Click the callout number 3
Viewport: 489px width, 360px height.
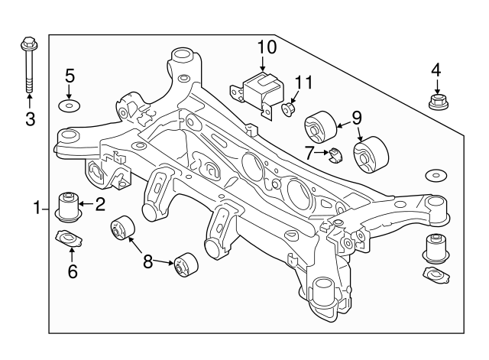[x=30, y=118]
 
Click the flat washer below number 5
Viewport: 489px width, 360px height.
[x=70, y=104]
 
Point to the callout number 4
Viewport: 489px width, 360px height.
[x=436, y=70]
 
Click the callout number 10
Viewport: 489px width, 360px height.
[x=266, y=47]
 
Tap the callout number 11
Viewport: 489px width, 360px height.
[x=304, y=82]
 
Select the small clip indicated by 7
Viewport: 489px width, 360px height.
[x=334, y=156]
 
